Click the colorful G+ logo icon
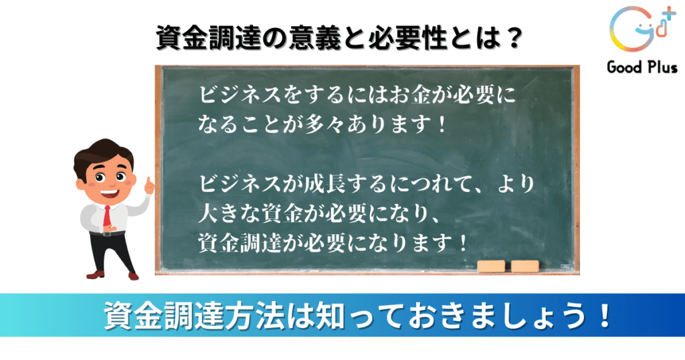click(642, 29)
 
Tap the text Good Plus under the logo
click(642, 68)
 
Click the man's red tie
click(107, 215)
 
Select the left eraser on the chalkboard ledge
click(491, 266)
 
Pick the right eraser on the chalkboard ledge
click(524, 266)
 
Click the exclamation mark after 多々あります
click(442, 124)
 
